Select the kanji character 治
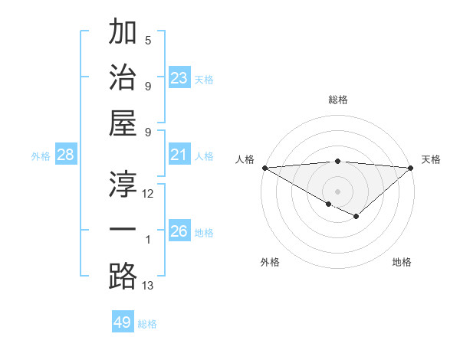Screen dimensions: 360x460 [x=122, y=79]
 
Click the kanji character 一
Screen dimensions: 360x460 [x=122, y=231]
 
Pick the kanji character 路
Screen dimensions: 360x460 [x=122, y=277]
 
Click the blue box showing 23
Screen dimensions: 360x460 [x=179, y=77]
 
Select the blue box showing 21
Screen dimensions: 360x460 [x=179, y=155]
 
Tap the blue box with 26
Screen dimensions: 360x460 [x=179, y=231]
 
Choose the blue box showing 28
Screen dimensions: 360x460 [x=66, y=155]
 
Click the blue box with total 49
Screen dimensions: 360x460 [x=123, y=322]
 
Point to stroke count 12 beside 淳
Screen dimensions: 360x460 [x=148, y=194]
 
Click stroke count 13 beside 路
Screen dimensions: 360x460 [x=148, y=286]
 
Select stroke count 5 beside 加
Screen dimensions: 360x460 [x=148, y=41]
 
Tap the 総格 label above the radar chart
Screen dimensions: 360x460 [x=337, y=100]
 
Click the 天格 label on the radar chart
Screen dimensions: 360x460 [x=431, y=159]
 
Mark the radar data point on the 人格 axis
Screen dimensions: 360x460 [x=264, y=168]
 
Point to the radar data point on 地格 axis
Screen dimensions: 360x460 [x=356, y=217]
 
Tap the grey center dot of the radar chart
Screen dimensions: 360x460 [x=337, y=191]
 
